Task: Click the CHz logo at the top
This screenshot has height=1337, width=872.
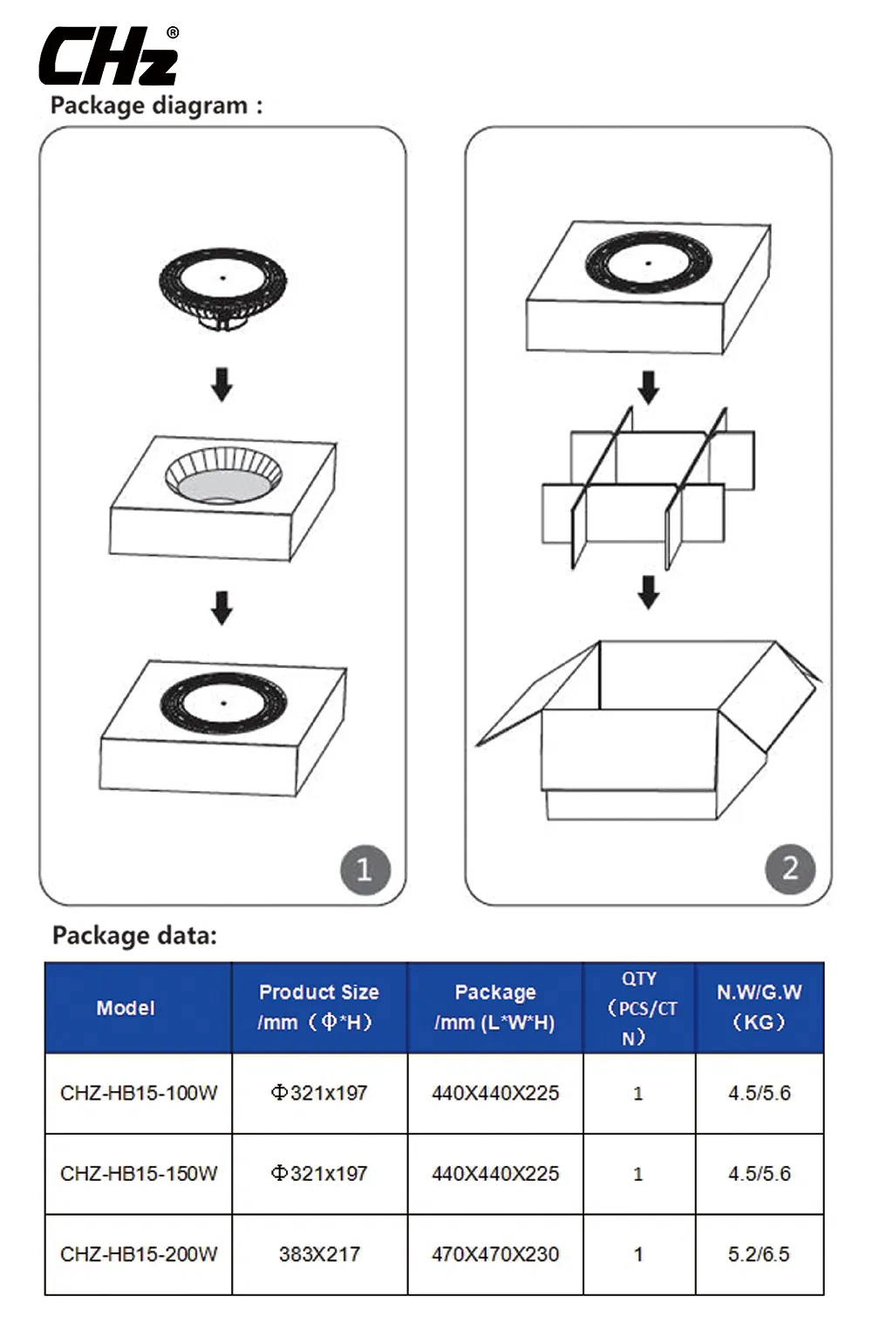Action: pyautogui.click(x=109, y=57)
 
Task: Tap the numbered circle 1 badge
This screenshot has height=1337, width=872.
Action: pyautogui.click(x=364, y=869)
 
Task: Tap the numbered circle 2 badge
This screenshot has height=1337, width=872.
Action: pyautogui.click(x=790, y=868)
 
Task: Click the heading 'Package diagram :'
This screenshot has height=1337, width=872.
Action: pyautogui.click(x=156, y=106)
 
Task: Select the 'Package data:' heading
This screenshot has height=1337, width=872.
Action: pyautogui.click(x=134, y=936)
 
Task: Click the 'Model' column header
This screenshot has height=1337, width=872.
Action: pyautogui.click(x=126, y=1008)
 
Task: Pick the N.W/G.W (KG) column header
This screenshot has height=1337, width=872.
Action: pyautogui.click(x=759, y=1007)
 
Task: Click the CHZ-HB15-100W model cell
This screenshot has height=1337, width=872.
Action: pyautogui.click(x=139, y=1093)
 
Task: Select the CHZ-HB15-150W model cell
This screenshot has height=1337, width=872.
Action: pyautogui.click(x=139, y=1173)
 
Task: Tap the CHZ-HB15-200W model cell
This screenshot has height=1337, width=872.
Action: pyautogui.click(x=139, y=1254)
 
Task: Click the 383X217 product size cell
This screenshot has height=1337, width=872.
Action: pyautogui.click(x=319, y=1254)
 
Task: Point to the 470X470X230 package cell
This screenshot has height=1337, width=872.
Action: pyautogui.click(x=495, y=1254)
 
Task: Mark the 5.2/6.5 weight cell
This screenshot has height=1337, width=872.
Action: pyautogui.click(x=759, y=1254)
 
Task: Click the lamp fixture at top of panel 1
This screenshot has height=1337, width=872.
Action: pyautogui.click(x=222, y=288)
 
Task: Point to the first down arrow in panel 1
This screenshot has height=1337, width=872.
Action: pyautogui.click(x=222, y=384)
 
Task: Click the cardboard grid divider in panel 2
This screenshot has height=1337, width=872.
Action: pyautogui.click(x=648, y=488)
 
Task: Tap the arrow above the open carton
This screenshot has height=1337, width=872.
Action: pyautogui.click(x=648, y=591)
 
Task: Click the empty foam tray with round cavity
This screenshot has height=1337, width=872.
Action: pyautogui.click(x=223, y=497)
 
